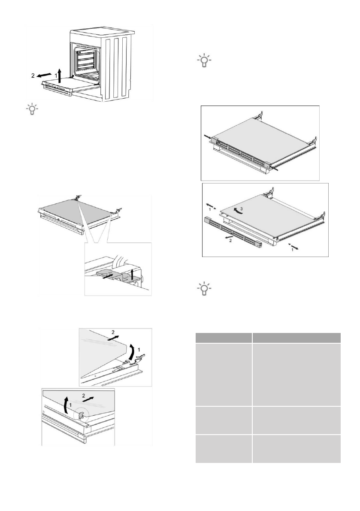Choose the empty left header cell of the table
223,338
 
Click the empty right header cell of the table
296,338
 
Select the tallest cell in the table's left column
223,375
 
